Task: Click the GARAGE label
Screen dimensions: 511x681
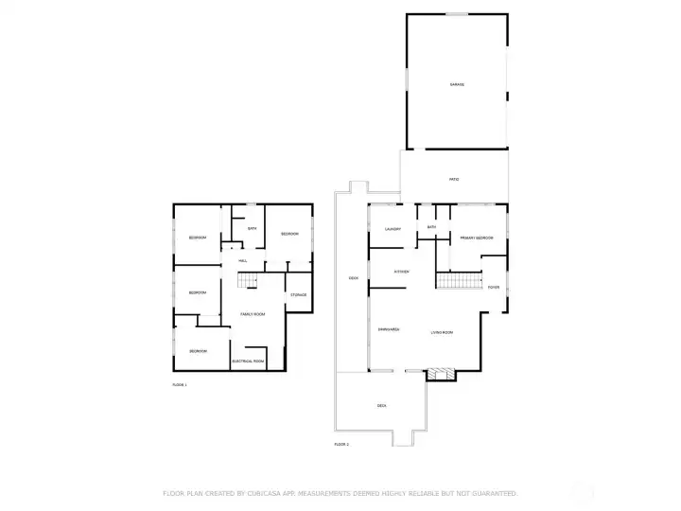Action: pyautogui.click(x=457, y=85)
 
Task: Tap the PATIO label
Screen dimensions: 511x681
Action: pyautogui.click(x=454, y=179)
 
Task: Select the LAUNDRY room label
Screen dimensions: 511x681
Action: pyautogui.click(x=393, y=229)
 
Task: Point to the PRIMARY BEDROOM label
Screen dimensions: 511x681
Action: pyautogui.click(x=477, y=238)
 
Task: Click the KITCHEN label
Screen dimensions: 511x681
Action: pyautogui.click(x=401, y=273)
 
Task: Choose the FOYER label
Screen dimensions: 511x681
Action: pyautogui.click(x=493, y=287)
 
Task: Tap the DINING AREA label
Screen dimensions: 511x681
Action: pyautogui.click(x=389, y=329)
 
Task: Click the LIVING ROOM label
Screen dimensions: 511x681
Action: pyautogui.click(x=443, y=332)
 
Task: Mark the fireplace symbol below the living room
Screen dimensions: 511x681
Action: pyautogui.click(x=440, y=375)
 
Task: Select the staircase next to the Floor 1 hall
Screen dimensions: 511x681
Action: pyautogui.click(x=247, y=280)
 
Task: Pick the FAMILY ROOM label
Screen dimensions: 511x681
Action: pyautogui.click(x=252, y=314)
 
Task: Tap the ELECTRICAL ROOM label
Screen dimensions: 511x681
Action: pyautogui.click(x=248, y=361)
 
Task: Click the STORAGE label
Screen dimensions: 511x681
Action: pyautogui.click(x=298, y=295)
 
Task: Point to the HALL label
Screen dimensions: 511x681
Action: pyautogui.click(x=243, y=260)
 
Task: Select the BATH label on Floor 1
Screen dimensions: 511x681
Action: pyautogui.click(x=253, y=228)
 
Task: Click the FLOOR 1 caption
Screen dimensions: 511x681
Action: pyautogui.click(x=180, y=385)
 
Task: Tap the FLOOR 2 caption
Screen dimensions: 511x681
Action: pyautogui.click(x=341, y=444)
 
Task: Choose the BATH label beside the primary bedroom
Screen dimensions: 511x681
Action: pyautogui.click(x=431, y=227)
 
